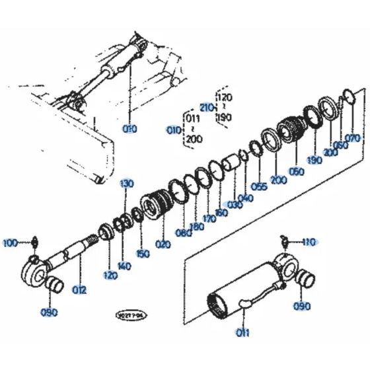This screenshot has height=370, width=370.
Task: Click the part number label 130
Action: (x=127, y=183)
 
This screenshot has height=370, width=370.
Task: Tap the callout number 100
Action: (x=10, y=243)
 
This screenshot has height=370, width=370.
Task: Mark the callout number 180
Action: (x=196, y=227)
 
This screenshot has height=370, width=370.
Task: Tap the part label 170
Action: (x=209, y=219)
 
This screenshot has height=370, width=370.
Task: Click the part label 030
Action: (x=234, y=204)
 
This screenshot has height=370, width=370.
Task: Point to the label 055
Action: (x=259, y=187)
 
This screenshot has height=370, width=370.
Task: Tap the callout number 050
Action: (x=296, y=172)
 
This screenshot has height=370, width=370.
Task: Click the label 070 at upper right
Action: (x=353, y=138)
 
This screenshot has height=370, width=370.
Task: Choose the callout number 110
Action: (x=309, y=242)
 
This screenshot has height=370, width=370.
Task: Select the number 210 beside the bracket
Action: (x=205, y=108)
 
